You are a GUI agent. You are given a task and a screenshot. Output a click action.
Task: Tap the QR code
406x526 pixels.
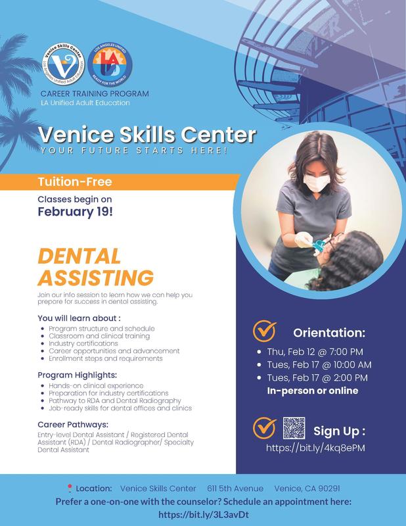click(x=294, y=428)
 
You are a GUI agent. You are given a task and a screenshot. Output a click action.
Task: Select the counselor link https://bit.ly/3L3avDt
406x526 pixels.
click(x=203, y=514)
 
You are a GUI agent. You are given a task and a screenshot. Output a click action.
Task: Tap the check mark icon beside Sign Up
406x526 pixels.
click(x=265, y=428)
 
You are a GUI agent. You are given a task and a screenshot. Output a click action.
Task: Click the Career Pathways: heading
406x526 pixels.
click(x=74, y=424)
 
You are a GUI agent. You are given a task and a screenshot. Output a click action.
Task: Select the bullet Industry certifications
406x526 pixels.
click(x=84, y=343)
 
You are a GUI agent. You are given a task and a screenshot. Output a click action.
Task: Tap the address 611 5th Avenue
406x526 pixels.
click(x=235, y=489)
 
